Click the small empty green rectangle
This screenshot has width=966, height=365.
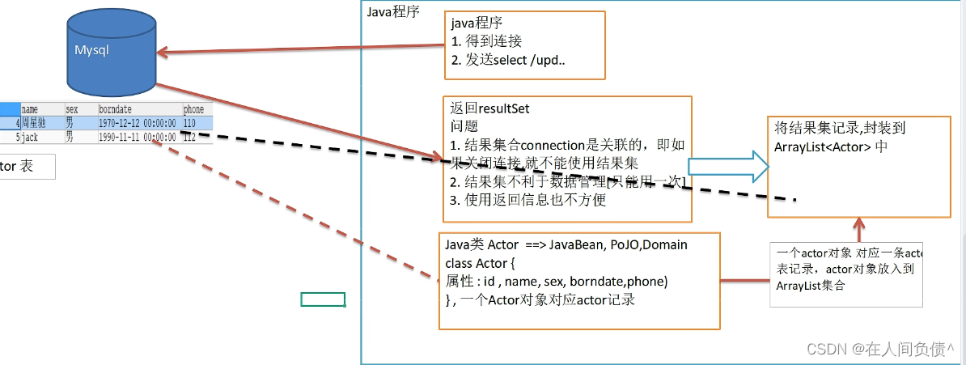point(323,299)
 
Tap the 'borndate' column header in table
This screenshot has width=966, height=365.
point(115,108)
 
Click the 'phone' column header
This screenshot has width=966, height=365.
point(193,108)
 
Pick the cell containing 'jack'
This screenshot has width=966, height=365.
point(30,137)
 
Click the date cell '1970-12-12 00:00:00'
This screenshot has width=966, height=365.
point(137,122)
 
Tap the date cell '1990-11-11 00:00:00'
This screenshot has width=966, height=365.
point(137,137)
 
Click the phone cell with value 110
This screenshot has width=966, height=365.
point(190,122)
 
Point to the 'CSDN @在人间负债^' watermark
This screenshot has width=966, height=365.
point(880,349)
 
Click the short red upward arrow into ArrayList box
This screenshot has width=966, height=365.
point(859,228)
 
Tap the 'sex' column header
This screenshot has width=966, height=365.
point(72,108)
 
